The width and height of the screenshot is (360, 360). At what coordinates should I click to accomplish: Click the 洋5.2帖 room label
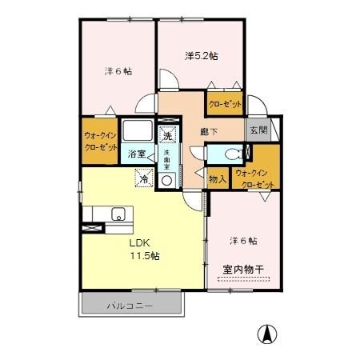coord(202,56)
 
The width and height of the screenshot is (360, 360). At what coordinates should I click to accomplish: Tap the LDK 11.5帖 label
coord(145,249)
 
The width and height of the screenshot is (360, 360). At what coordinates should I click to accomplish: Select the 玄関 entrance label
coord(256,130)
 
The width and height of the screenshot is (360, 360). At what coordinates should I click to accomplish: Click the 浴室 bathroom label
coord(137,154)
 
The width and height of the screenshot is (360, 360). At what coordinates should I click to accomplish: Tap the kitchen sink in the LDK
coord(118,214)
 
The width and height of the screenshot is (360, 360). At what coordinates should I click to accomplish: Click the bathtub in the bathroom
coord(140,131)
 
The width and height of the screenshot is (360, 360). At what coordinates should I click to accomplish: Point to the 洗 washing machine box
coord(168,134)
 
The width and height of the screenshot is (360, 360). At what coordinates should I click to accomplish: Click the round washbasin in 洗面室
coord(168,181)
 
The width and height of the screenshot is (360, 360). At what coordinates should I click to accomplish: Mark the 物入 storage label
coord(217,179)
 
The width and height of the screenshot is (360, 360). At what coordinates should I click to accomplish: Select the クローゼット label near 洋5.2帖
coord(225,103)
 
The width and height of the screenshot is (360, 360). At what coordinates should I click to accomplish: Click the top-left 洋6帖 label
coord(118,70)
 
